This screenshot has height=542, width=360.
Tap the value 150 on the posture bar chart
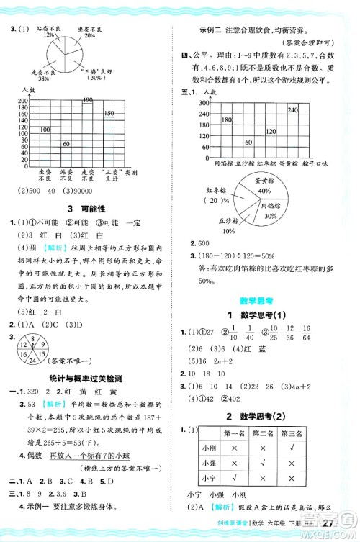click(x=109, y=114)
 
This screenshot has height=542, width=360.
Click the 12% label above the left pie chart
click(x=49, y=34)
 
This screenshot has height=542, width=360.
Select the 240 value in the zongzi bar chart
click(x=292, y=109)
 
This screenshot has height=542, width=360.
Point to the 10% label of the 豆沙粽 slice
click(x=229, y=230)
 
